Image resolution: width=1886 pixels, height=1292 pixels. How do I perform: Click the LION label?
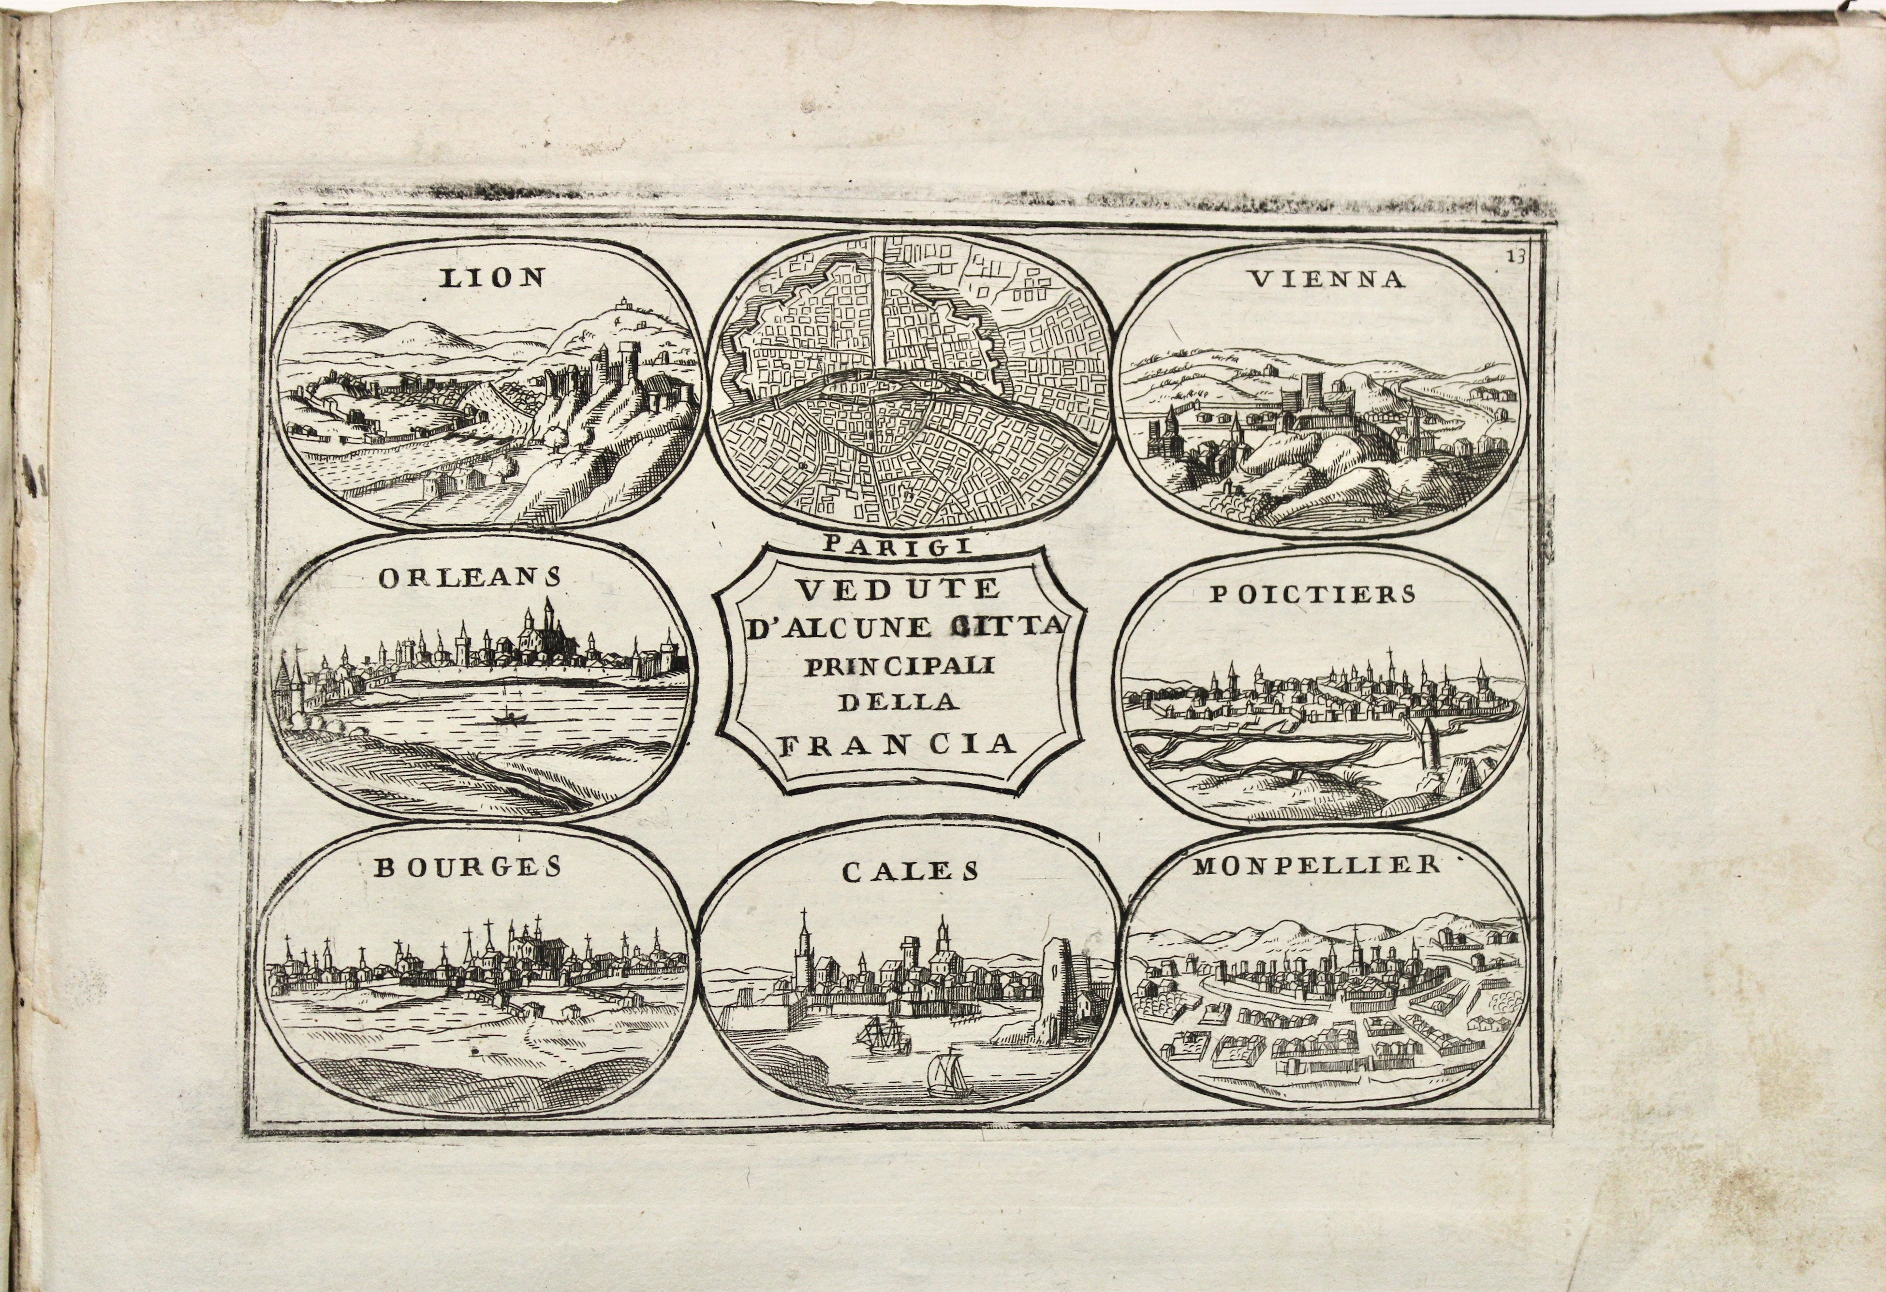[491, 279]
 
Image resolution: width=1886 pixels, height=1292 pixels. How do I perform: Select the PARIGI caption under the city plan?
[896, 544]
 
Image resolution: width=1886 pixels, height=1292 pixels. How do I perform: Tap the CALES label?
[909, 872]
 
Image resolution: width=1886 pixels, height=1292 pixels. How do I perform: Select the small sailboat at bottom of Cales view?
[948, 1071]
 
